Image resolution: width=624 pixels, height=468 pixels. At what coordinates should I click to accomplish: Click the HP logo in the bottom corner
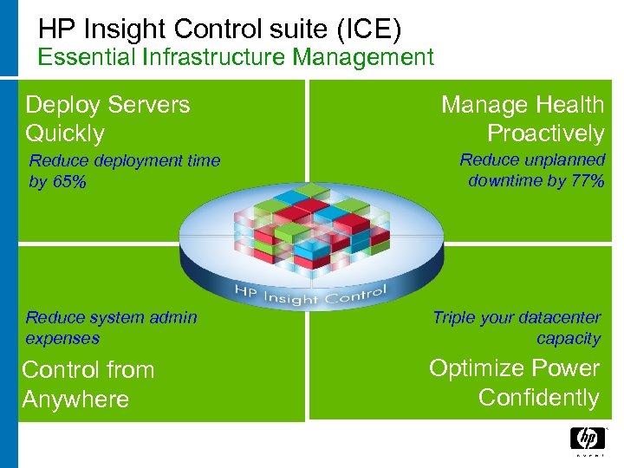pyautogui.click(x=588, y=439)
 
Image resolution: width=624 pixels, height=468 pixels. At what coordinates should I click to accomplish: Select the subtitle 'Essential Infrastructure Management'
pyautogui.click(x=236, y=58)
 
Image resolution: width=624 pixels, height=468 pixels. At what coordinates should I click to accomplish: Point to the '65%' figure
pyautogui.click(x=68, y=182)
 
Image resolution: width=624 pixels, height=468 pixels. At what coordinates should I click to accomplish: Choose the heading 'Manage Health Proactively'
pyautogui.click(x=522, y=119)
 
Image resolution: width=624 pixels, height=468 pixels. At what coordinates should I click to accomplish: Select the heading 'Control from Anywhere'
pyautogui.click(x=88, y=384)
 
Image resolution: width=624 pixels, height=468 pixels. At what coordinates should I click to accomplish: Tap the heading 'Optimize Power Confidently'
pyautogui.click(x=514, y=382)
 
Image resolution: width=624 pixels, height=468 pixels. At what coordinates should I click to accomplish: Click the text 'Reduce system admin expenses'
pyautogui.click(x=111, y=328)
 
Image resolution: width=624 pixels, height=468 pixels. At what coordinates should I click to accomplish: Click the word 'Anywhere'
pyautogui.click(x=75, y=400)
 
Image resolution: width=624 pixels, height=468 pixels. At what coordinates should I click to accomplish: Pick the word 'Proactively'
pyautogui.click(x=545, y=133)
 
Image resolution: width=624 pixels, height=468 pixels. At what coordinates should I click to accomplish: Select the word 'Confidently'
pyautogui.click(x=538, y=398)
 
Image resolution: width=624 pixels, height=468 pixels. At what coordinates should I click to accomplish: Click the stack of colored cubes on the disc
pyautogui.click(x=307, y=231)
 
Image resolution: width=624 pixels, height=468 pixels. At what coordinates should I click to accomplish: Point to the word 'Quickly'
pyautogui.click(x=65, y=133)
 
